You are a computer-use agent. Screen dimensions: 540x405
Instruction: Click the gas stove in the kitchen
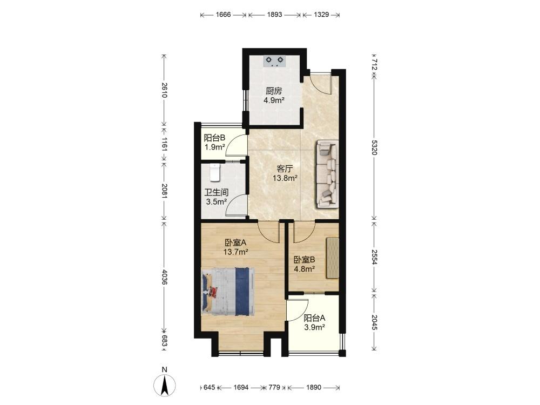[x=275, y=62]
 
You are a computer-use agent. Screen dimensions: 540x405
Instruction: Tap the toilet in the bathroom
[x=214, y=173]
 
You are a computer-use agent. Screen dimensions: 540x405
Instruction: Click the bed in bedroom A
[x=228, y=291]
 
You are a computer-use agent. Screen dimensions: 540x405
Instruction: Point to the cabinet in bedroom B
[x=332, y=257]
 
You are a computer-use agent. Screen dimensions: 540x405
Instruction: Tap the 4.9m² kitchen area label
[x=274, y=100]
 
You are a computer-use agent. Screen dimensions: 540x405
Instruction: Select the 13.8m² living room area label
[x=285, y=178]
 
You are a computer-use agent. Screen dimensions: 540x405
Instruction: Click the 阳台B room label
[x=214, y=138]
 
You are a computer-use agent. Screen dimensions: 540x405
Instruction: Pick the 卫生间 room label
[x=217, y=193]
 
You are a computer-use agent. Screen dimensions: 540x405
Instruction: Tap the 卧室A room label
[x=235, y=243]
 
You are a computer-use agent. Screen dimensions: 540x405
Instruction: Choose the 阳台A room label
[x=314, y=318]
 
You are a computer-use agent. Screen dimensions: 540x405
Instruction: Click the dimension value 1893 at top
[x=274, y=15]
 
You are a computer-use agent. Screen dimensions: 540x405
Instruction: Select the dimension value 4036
[x=165, y=277]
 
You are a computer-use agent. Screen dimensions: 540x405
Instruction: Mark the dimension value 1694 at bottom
[x=241, y=387]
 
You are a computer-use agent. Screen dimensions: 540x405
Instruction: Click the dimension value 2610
[x=165, y=90]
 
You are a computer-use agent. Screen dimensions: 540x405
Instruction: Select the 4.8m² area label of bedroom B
[x=305, y=269]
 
